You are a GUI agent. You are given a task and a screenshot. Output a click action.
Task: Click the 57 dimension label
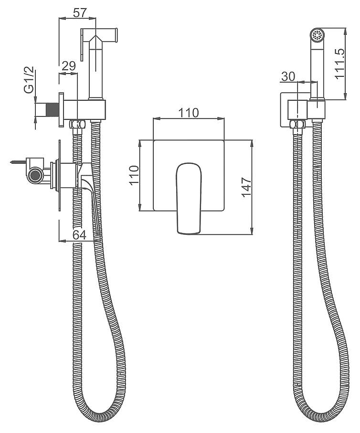click(x=80, y=13)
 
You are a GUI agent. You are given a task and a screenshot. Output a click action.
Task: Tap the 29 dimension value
click(x=69, y=66)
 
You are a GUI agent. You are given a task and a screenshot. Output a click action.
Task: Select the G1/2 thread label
click(x=29, y=80)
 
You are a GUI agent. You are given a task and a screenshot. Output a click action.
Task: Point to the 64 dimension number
click(x=79, y=235)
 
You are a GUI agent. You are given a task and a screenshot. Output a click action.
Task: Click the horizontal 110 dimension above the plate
click(x=189, y=113)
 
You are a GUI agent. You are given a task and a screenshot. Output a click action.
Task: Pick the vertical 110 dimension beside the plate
click(x=134, y=175)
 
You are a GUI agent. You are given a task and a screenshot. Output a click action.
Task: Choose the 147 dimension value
click(x=246, y=188)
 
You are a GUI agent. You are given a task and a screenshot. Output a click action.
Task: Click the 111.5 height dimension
click(x=339, y=64)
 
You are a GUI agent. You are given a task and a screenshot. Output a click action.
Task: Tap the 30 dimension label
click(x=288, y=76)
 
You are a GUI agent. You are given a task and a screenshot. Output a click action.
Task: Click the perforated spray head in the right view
click(x=318, y=35)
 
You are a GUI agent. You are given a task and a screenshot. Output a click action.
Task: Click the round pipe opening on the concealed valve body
click(x=35, y=176)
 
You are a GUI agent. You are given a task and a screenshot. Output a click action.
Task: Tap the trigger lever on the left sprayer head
click(x=82, y=45)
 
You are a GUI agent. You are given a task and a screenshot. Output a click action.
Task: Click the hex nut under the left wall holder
click(x=77, y=124)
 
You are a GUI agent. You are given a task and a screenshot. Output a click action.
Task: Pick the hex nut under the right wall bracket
click(x=297, y=124)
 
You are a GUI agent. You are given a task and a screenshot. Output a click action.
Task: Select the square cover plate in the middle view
click(x=189, y=176)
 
